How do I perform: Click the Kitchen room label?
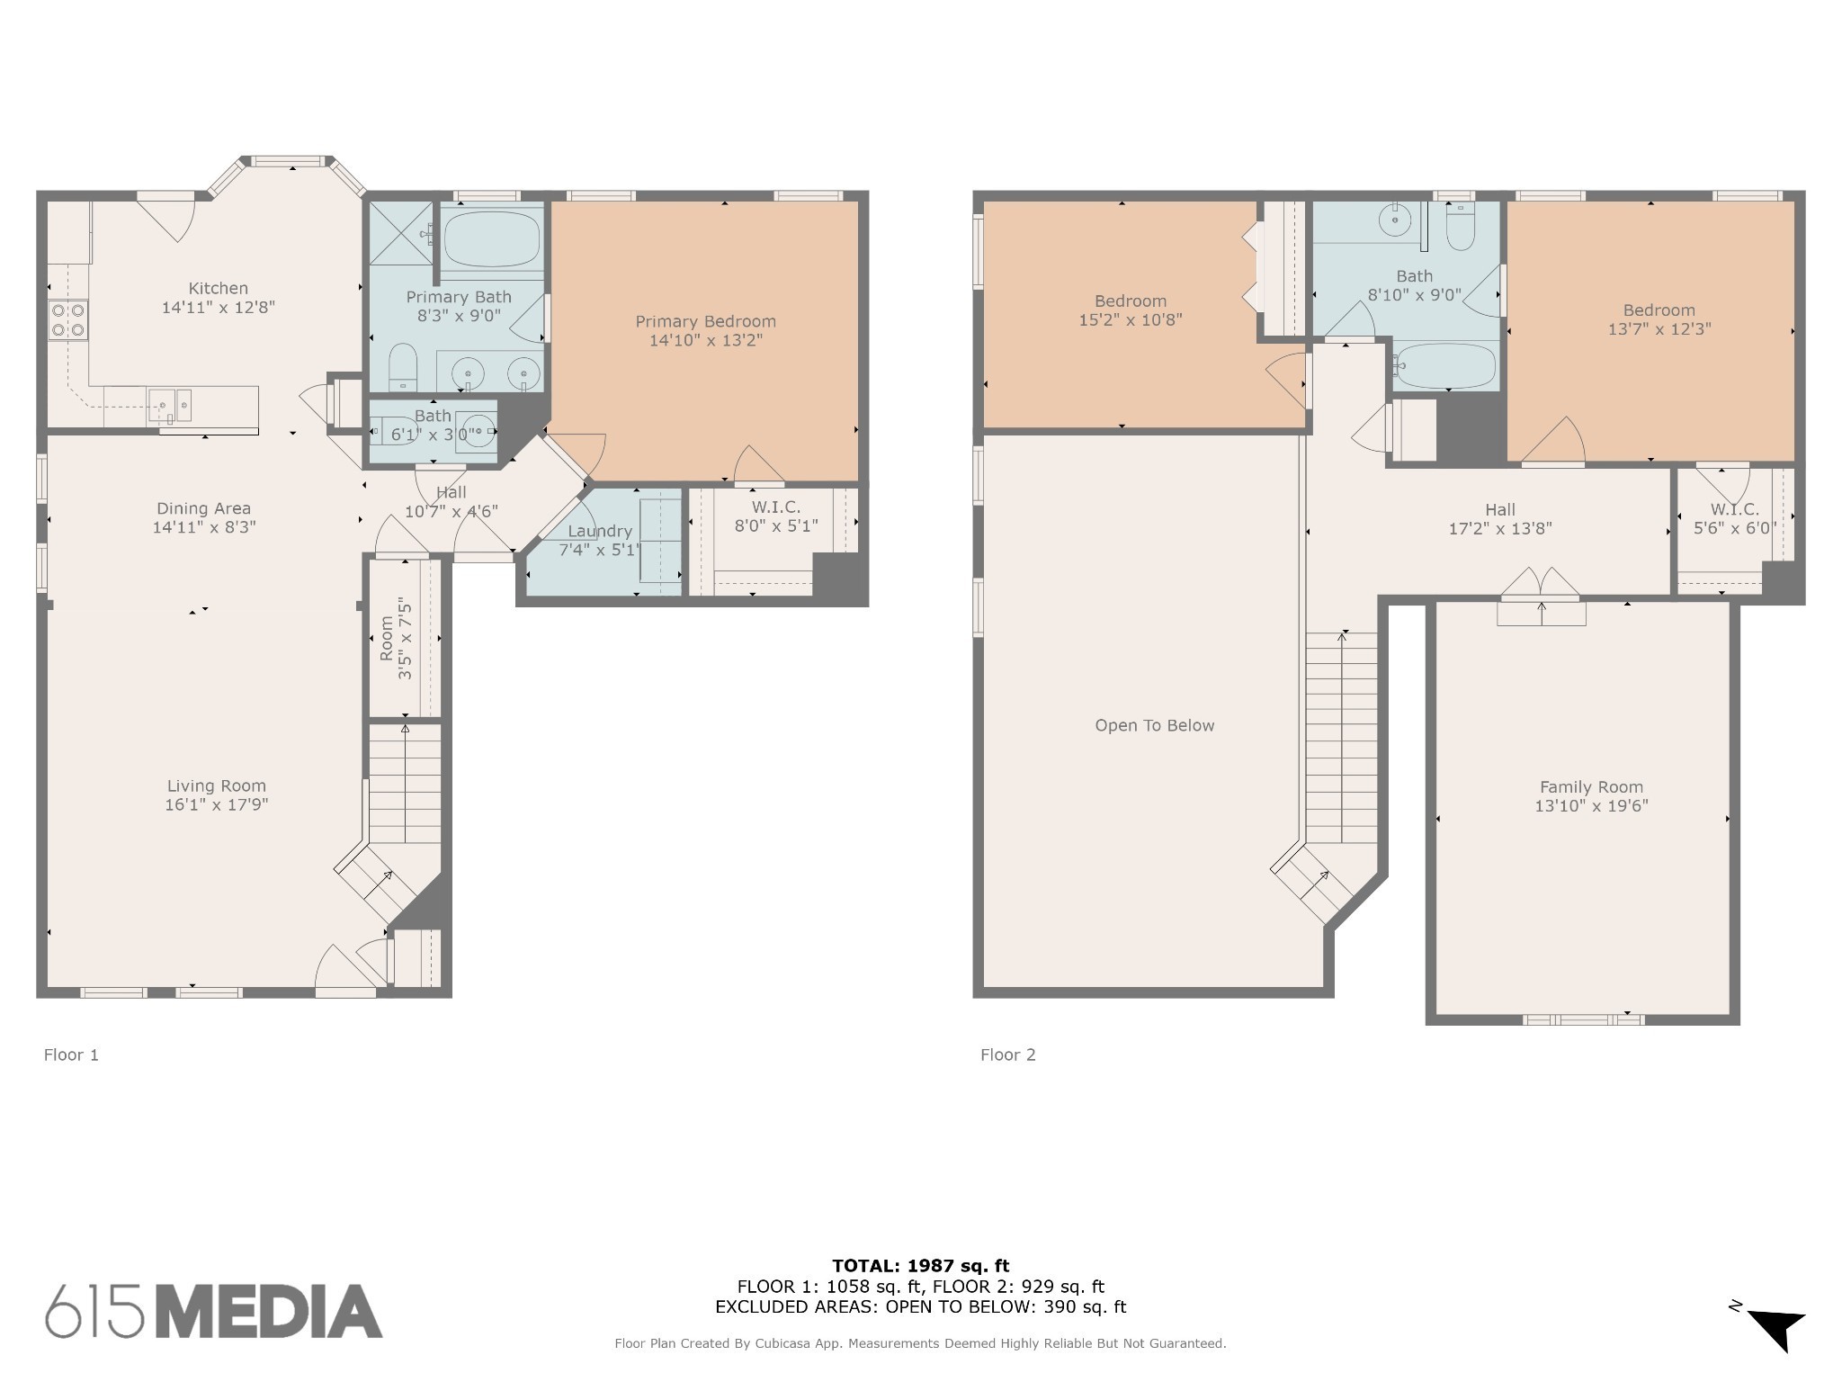(x=218, y=288)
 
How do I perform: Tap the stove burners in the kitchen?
(x=68, y=319)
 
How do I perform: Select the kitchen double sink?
(x=170, y=405)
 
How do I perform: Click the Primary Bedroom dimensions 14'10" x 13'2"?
(x=706, y=340)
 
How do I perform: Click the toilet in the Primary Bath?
(x=403, y=367)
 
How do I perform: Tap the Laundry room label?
(x=600, y=531)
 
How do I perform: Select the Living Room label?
(x=217, y=785)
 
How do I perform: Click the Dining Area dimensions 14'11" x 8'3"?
(x=204, y=527)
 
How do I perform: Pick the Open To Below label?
(x=1155, y=725)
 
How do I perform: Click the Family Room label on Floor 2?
(x=1591, y=786)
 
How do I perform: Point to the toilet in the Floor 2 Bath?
(x=1460, y=225)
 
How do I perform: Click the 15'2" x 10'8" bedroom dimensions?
(x=1131, y=319)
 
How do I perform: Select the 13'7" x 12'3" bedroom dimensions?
(x=1659, y=329)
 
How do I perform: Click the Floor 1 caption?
(x=71, y=1054)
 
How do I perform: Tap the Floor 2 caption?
(x=1008, y=1054)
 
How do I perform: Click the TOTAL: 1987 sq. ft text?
(x=921, y=1266)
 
